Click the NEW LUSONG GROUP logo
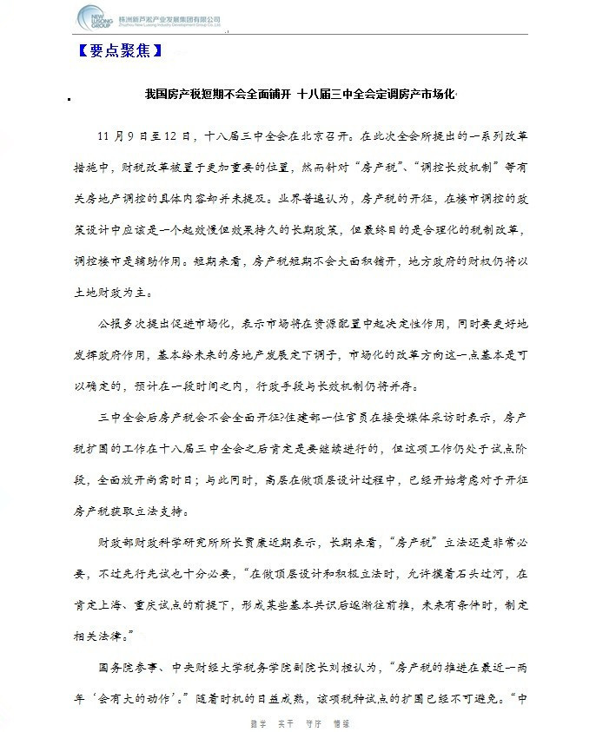[x=94, y=16]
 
